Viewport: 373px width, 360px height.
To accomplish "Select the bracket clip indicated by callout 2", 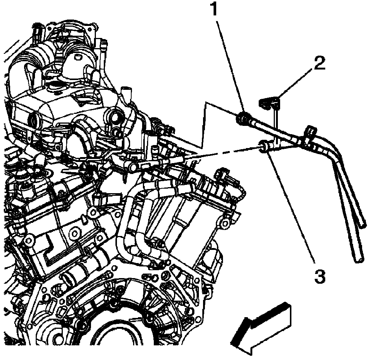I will click(270, 102).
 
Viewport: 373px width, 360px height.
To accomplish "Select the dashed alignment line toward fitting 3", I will click(226, 152).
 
